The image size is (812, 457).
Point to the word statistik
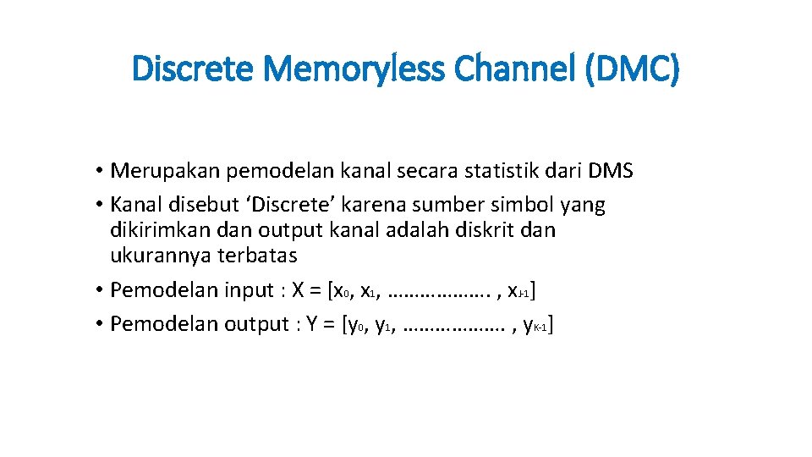click(x=488, y=171)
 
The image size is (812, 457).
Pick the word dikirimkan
click(x=154, y=230)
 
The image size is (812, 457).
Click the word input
click(x=250, y=290)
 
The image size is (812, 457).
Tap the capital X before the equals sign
click(x=298, y=290)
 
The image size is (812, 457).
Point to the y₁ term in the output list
click(x=384, y=326)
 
